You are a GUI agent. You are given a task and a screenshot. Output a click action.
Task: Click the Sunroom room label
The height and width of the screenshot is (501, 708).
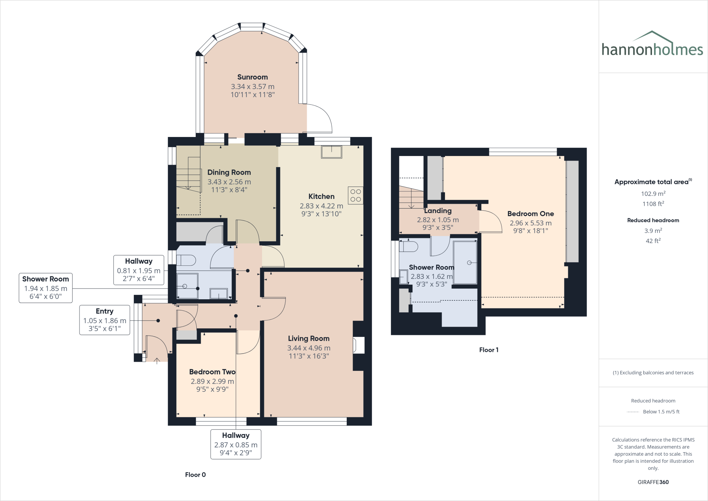[x=252, y=77]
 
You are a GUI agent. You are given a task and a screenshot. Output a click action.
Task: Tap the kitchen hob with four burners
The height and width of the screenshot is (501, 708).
[x=355, y=195]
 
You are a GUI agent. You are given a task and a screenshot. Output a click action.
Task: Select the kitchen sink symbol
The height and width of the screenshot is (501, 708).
[x=332, y=152]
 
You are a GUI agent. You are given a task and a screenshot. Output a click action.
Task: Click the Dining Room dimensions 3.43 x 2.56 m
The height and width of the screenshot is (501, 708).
[x=229, y=182]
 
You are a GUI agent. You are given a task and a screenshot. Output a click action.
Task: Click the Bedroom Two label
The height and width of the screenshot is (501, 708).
[x=212, y=372]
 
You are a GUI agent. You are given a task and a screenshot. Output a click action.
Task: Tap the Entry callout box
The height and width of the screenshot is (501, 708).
[x=104, y=320]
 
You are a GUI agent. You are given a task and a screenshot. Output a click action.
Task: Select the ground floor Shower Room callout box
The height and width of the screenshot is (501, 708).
[x=45, y=288]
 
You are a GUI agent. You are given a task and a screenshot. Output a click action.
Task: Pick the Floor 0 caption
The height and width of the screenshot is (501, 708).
[x=195, y=475]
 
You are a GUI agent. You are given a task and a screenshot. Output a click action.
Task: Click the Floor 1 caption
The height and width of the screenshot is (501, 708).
[x=488, y=350]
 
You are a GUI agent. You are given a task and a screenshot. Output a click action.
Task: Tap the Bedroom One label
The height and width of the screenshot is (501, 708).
[x=530, y=214]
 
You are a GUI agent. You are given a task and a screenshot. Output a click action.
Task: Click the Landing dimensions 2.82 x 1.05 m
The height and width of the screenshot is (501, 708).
[x=438, y=220]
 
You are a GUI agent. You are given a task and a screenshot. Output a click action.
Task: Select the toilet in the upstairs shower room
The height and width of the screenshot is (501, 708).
[x=408, y=246]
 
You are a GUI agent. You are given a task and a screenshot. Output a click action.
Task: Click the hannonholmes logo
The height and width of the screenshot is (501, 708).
[x=652, y=45]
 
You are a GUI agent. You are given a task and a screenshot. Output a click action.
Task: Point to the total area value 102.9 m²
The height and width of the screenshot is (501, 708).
[x=653, y=194]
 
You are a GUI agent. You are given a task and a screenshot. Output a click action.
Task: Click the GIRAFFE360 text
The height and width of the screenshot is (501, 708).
[x=653, y=482]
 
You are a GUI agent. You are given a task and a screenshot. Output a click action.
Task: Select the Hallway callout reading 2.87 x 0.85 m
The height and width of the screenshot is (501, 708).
[x=236, y=444]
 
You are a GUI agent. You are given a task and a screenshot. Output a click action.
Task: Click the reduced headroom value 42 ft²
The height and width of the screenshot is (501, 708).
[x=653, y=241]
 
